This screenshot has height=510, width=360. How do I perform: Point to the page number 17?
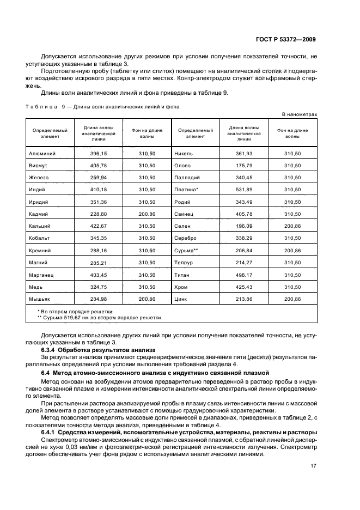[x=314, y=451]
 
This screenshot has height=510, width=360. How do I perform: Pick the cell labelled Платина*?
[x=186, y=189]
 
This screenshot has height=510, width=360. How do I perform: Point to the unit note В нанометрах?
[x=299, y=114]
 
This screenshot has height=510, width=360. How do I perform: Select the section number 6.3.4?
[x=51, y=349]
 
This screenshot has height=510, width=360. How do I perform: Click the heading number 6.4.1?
[x=51, y=417]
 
